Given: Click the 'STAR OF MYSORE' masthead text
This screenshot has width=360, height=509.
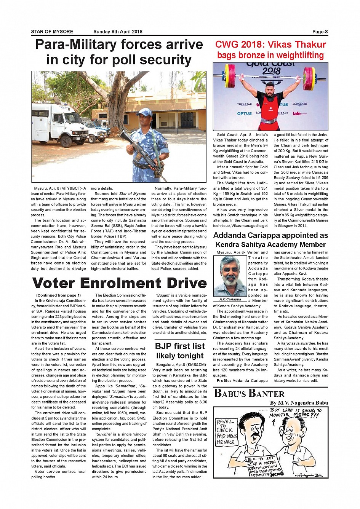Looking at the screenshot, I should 52,32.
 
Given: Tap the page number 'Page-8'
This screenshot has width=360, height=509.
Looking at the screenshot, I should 320,32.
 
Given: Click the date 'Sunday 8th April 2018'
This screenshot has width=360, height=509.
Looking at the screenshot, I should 118,32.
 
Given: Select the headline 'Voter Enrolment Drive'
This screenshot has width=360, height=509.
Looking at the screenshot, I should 119,283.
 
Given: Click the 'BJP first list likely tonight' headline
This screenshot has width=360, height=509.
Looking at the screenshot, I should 180,351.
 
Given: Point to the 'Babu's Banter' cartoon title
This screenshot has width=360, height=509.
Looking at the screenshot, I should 249,394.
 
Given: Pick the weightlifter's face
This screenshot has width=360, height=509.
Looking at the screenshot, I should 270,88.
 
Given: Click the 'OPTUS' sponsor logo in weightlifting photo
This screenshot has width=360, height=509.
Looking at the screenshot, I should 244,113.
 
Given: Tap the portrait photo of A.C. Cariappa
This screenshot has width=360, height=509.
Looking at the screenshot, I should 230,276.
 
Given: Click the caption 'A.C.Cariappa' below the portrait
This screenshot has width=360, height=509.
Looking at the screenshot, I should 230,299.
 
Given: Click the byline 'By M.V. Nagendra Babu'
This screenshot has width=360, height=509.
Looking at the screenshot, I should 299,403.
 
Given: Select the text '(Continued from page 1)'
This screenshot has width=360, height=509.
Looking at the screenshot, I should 58,295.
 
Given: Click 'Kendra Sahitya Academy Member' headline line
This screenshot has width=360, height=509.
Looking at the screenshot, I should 270,245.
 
